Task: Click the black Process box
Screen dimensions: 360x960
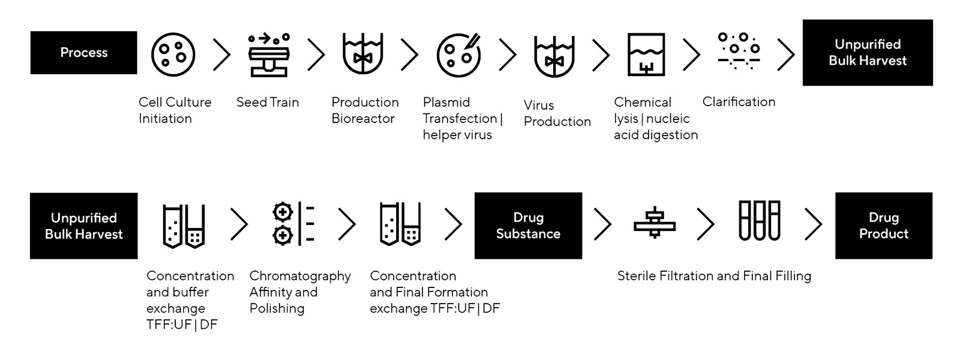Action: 83,53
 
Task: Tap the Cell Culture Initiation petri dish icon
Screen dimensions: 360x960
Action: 173,55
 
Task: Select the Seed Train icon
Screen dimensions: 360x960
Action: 268,55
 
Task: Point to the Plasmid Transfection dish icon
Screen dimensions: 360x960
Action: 458,55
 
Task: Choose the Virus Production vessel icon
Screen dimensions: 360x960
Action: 554,56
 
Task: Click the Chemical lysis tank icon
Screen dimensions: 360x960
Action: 646,55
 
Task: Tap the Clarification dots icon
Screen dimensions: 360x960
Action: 739,52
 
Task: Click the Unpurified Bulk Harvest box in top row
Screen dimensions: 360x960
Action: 867,53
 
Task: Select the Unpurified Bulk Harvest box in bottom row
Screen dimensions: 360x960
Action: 83,226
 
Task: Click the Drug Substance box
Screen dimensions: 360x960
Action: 528,226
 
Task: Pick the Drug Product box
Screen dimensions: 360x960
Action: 883,226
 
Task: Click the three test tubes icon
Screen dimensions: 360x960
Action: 759,221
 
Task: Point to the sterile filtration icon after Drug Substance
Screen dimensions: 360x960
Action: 655,223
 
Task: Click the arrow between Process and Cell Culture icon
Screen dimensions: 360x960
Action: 222,55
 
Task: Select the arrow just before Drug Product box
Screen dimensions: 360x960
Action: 813,224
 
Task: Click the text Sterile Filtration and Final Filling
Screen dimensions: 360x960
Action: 714,276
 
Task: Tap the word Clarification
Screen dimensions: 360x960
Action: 739,102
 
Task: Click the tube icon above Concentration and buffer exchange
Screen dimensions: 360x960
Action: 184,226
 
